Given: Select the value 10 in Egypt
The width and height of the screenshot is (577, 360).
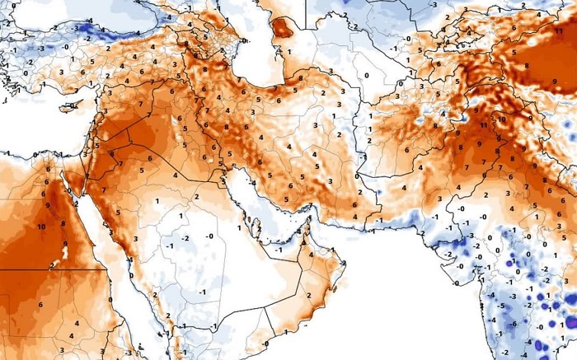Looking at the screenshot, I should coord(40,226).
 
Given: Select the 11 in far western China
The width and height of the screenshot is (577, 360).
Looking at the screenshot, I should coord(560,30).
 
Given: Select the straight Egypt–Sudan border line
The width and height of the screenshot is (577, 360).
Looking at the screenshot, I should coord(49,269).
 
